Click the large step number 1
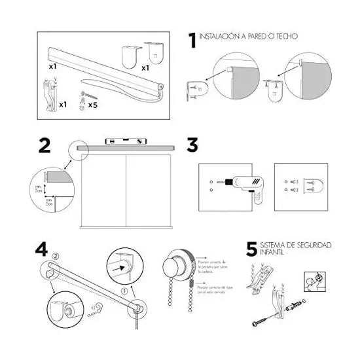click(x=191, y=41)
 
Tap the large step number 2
click(x=45, y=145)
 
